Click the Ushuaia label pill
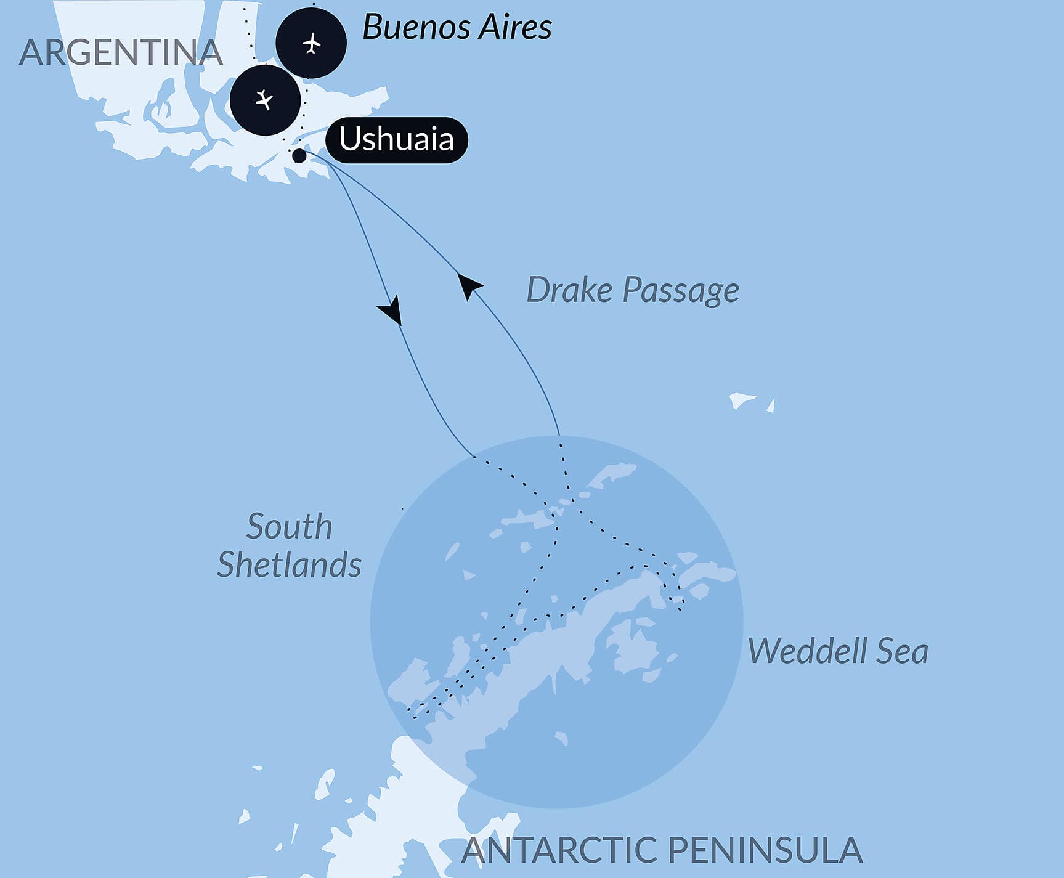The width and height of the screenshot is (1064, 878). [x=396, y=140]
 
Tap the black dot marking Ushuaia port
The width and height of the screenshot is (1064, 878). [x=299, y=155]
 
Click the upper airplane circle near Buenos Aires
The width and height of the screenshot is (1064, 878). [x=311, y=43]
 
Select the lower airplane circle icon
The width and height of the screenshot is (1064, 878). [x=265, y=100]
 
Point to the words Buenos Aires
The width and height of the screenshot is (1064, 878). [x=457, y=27]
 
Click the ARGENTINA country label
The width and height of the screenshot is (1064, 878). [x=121, y=52]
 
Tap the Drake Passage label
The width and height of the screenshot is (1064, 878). [x=633, y=290]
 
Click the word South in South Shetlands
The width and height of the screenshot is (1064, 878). [x=289, y=527]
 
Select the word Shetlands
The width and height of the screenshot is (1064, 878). [x=289, y=565]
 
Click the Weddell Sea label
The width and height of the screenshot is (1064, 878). [x=837, y=651]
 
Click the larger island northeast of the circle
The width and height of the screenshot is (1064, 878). [x=742, y=400]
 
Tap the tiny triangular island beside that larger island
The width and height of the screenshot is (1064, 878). [x=771, y=406]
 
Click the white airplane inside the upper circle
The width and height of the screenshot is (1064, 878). [x=312, y=44]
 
